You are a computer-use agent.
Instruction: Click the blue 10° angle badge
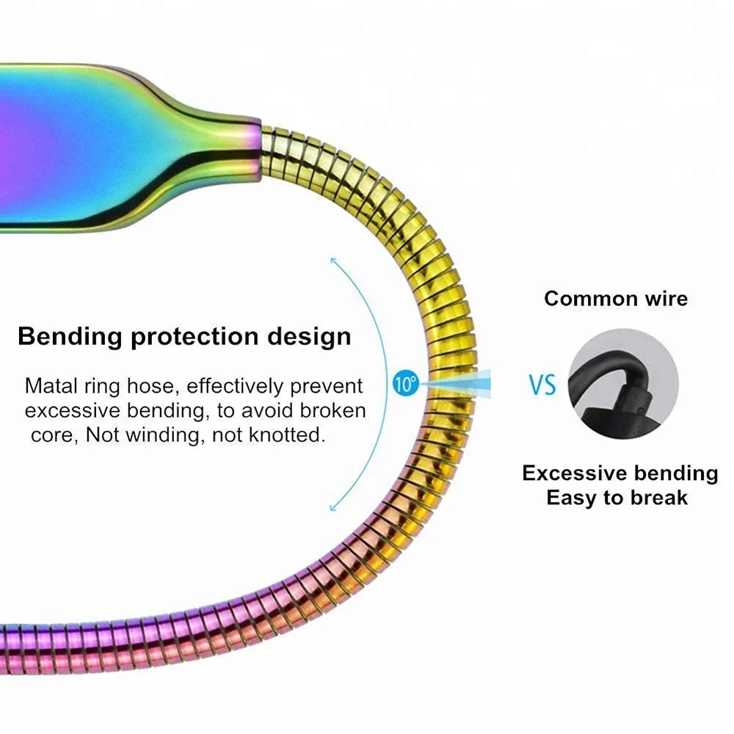(404, 382)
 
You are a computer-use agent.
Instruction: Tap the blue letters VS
(542, 384)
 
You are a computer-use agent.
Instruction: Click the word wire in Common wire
(664, 299)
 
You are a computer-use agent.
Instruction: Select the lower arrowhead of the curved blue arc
(333, 508)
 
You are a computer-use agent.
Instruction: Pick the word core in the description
(49, 435)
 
